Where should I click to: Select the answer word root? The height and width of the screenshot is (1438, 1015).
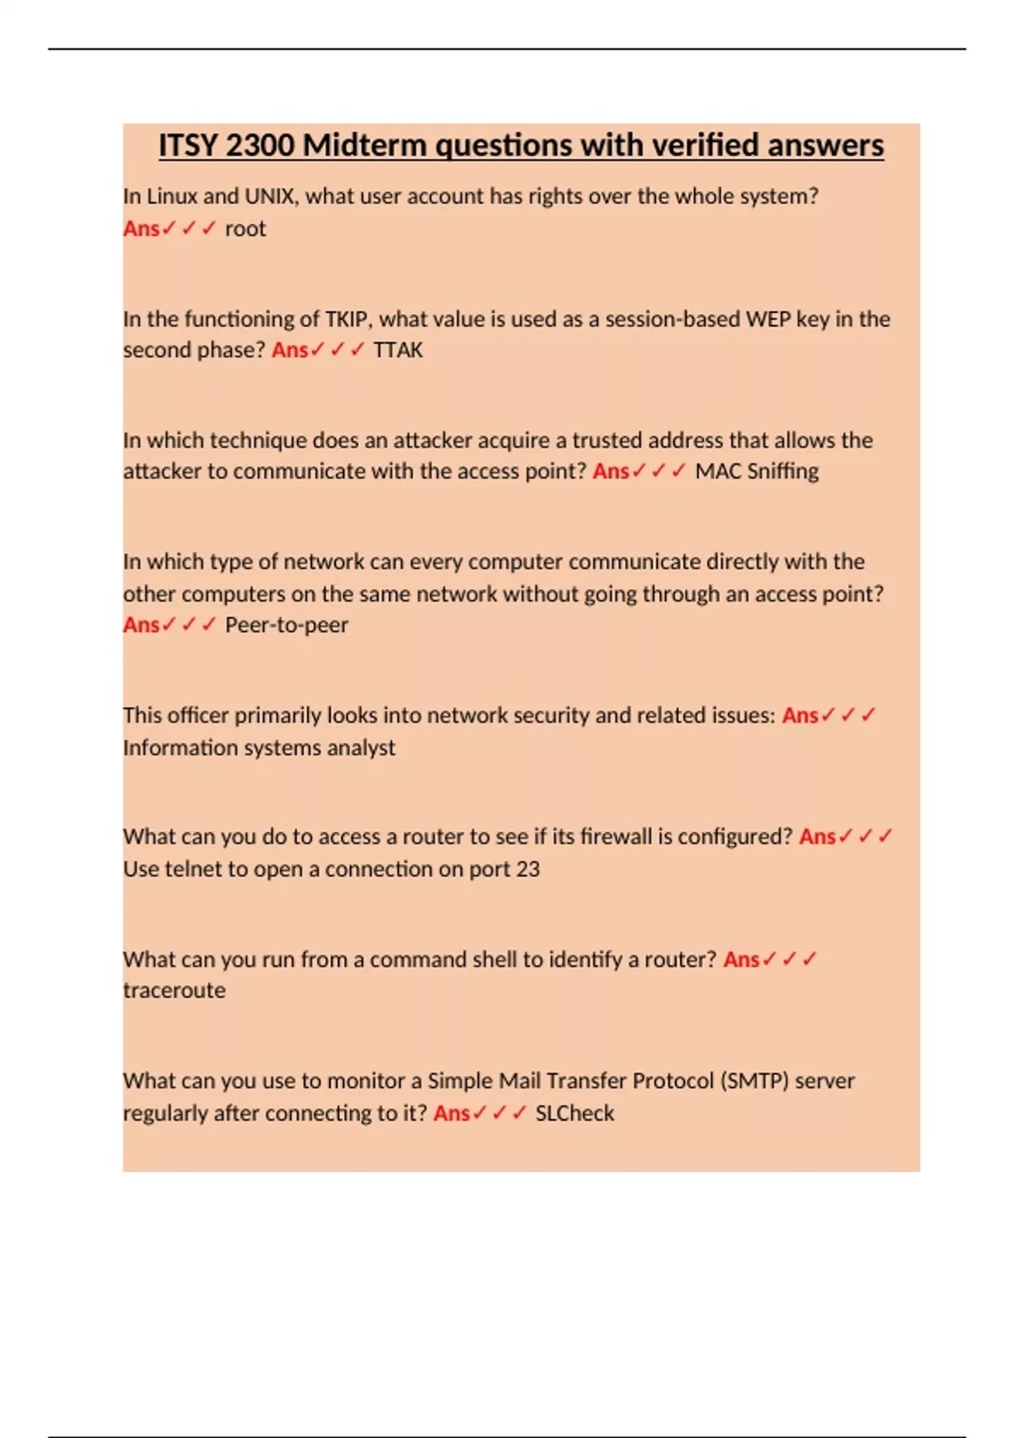pos(245,228)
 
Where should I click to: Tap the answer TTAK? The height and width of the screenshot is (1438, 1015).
pos(398,350)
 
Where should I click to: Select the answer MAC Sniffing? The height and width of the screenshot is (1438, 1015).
pos(756,471)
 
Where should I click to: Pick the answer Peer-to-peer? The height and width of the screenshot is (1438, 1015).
pos(286,625)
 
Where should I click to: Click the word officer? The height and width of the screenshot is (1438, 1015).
pos(198,716)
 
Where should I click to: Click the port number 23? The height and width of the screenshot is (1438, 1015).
pos(528,870)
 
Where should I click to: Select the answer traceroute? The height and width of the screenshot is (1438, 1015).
pos(174,991)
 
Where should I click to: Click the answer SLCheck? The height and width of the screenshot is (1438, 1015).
pos(574,1113)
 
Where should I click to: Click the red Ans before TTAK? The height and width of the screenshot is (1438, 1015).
pos(289,350)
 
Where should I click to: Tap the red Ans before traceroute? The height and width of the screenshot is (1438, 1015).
pos(741,960)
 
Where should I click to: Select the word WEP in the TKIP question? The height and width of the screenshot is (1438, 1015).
pos(765,319)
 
